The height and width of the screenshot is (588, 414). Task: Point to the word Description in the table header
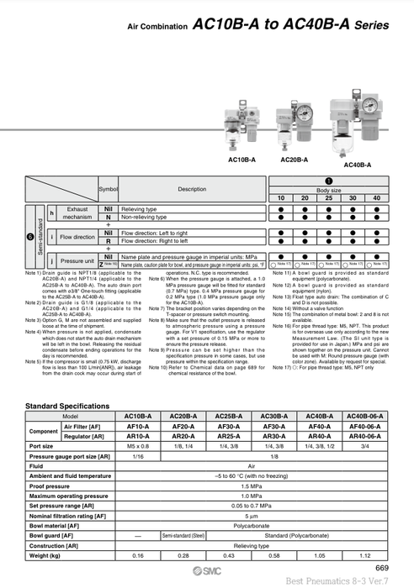[192, 189]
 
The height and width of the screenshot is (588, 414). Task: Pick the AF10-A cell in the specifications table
[137, 426]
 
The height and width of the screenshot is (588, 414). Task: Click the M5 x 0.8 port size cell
[137, 445]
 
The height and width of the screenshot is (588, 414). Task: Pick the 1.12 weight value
[364, 555]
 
